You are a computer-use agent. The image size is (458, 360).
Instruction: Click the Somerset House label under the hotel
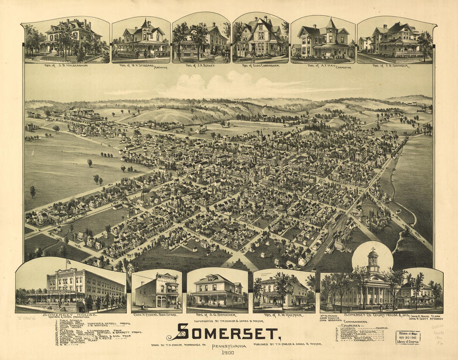click(70, 315)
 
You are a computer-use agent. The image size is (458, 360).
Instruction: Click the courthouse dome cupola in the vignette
click(373, 260)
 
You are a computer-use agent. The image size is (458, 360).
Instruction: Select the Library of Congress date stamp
click(408, 337)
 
